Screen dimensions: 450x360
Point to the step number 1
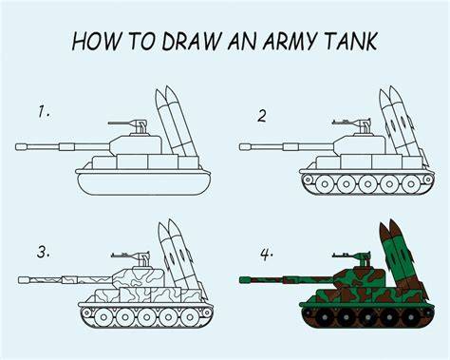coord(44,112)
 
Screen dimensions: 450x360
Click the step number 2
coord(262,116)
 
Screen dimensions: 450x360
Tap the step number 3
coord(43,253)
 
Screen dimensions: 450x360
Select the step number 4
coord(267,255)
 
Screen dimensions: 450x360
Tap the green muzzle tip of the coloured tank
coord(245,280)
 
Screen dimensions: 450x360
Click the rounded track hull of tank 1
coord(143,184)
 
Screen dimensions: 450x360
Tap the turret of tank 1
coord(136,145)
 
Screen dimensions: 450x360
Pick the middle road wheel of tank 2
coord(367,184)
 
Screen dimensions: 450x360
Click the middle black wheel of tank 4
coord(367,317)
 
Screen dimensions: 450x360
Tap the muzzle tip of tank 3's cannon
coord(24,280)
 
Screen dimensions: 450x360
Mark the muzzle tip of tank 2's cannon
coord(245,147)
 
